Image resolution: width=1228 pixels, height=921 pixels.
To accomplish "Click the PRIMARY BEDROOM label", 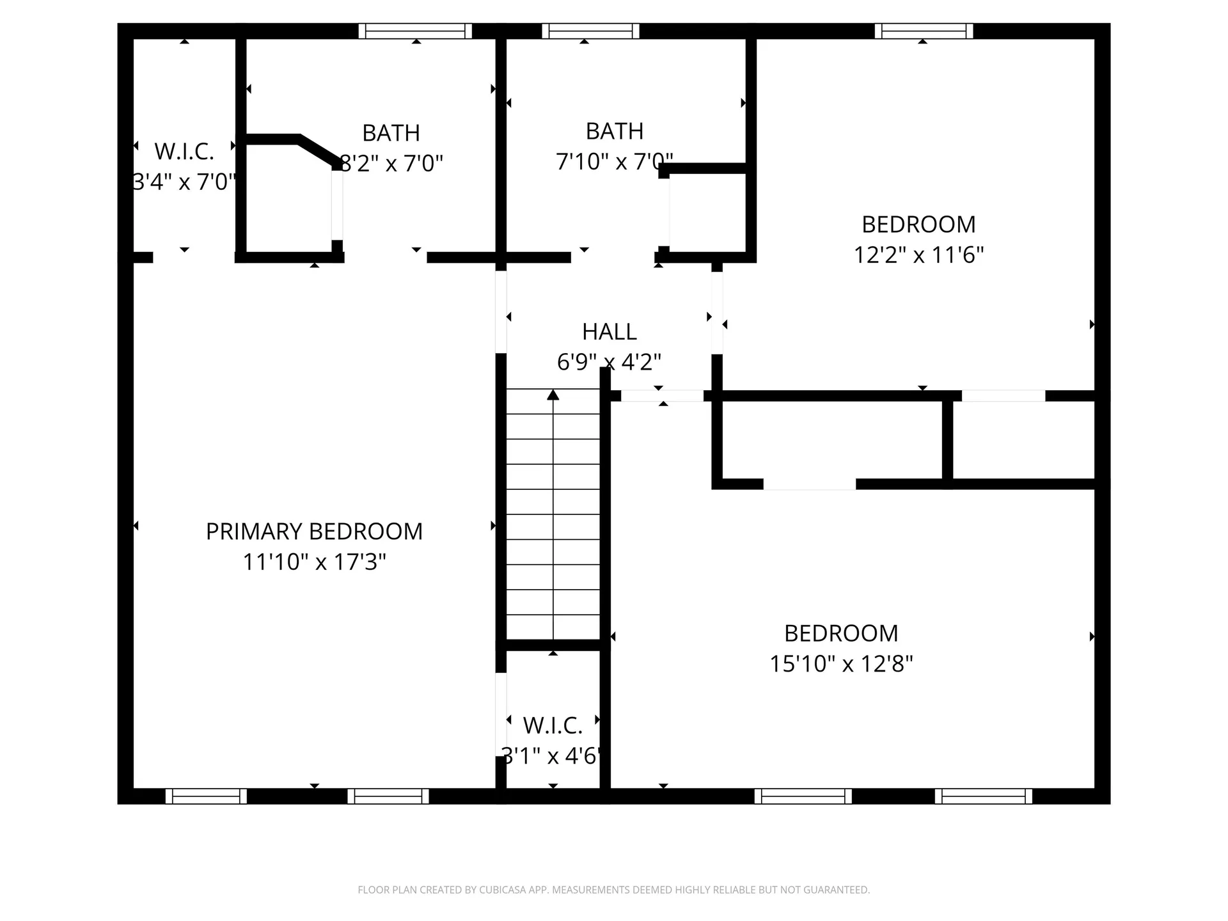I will [x=314, y=531].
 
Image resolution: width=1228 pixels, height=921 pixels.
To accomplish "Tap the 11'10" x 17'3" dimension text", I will [x=314, y=562].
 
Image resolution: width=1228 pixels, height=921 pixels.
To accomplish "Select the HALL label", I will [x=609, y=332].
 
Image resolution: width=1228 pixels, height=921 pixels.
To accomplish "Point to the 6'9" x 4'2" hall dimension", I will [x=609, y=362].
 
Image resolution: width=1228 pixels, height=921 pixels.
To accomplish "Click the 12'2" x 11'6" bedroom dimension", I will [x=918, y=255].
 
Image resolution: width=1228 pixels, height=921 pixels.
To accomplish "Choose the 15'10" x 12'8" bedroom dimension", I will [x=841, y=664].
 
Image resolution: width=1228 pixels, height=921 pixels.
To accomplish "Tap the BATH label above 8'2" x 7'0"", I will [x=391, y=133].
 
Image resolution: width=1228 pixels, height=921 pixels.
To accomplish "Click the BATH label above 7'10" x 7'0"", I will [x=614, y=131].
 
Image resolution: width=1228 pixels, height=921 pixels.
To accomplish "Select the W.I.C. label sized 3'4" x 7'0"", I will [x=184, y=152].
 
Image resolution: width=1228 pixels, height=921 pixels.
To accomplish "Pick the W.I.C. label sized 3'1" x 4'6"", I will [x=553, y=726].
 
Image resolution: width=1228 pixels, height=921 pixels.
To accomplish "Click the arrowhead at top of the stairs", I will [x=553, y=395].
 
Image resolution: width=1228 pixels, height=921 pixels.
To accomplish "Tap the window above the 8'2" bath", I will [x=415, y=31].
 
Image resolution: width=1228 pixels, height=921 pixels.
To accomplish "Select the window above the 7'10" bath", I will [x=590, y=31].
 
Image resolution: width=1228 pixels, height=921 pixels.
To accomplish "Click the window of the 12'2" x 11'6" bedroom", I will [x=924, y=31].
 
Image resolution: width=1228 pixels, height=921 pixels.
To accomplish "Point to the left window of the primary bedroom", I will [x=206, y=796].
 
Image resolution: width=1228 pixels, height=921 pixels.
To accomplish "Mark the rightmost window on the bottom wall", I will [x=983, y=796].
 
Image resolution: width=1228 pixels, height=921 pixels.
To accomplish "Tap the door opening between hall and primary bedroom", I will [x=501, y=312].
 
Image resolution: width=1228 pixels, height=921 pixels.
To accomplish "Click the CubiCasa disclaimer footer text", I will [x=613, y=890].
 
